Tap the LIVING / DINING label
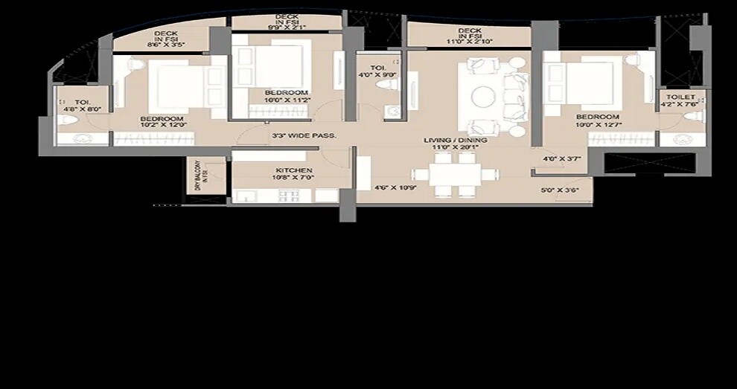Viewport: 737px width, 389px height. coord(455,140)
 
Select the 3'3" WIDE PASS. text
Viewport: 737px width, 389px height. coord(304,135)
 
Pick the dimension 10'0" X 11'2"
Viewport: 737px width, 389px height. coord(286,100)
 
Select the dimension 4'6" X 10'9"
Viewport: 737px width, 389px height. coord(394,187)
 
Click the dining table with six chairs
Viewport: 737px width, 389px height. coord(454,176)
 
